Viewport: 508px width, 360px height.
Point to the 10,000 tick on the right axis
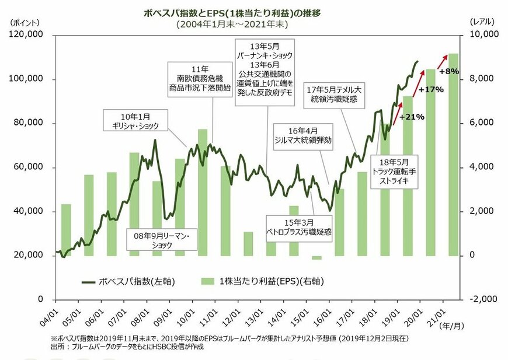point(482,35)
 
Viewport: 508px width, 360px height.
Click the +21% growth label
point(412,117)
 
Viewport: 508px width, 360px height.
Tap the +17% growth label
point(432,90)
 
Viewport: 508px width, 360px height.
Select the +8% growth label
point(449,71)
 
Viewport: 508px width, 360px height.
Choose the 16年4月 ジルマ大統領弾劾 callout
point(302,136)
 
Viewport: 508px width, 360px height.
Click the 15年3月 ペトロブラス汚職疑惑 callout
point(298,227)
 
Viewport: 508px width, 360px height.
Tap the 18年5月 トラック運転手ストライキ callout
point(397,172)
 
